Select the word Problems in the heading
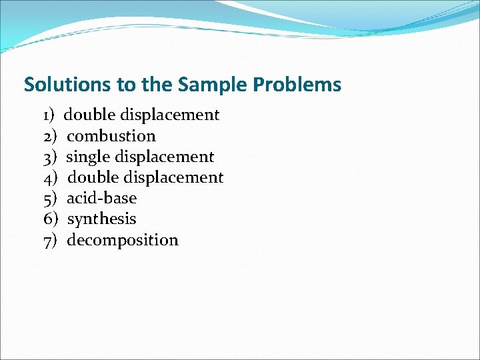coord(298,85)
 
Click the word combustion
coord(111,136)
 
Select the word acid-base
coord(101,198)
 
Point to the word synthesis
coord(101,219)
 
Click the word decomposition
coord(123,240)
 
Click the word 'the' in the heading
coord(158,85)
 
